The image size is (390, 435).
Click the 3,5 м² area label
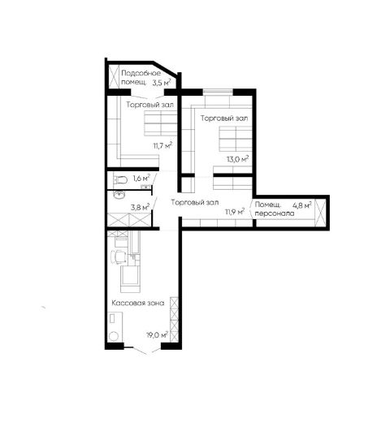[161, 83]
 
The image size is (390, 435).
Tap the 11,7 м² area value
[162, 145]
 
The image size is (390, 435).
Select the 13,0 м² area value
[237, 159]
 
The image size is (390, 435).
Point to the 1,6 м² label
[141, 178]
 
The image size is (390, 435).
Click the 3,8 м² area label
[141, 207]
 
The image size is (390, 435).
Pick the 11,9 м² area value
[235, 213]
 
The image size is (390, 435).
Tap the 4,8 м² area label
[302, 205]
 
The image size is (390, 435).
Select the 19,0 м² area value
[157, 335]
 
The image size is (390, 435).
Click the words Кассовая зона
[138, 303]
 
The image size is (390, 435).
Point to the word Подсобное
[141, 73]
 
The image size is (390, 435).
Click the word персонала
[275, 214]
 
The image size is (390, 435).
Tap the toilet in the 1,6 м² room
[120, 180]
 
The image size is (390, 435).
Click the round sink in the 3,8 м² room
[119, 195]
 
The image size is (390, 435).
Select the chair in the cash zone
[119, 257]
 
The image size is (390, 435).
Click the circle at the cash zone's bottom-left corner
[114, 337]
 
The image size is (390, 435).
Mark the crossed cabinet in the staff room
[320, 213]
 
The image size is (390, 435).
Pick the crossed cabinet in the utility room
[114, 76]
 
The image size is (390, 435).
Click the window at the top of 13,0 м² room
[218, 92]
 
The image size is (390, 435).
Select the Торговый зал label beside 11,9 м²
[195, 203]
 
